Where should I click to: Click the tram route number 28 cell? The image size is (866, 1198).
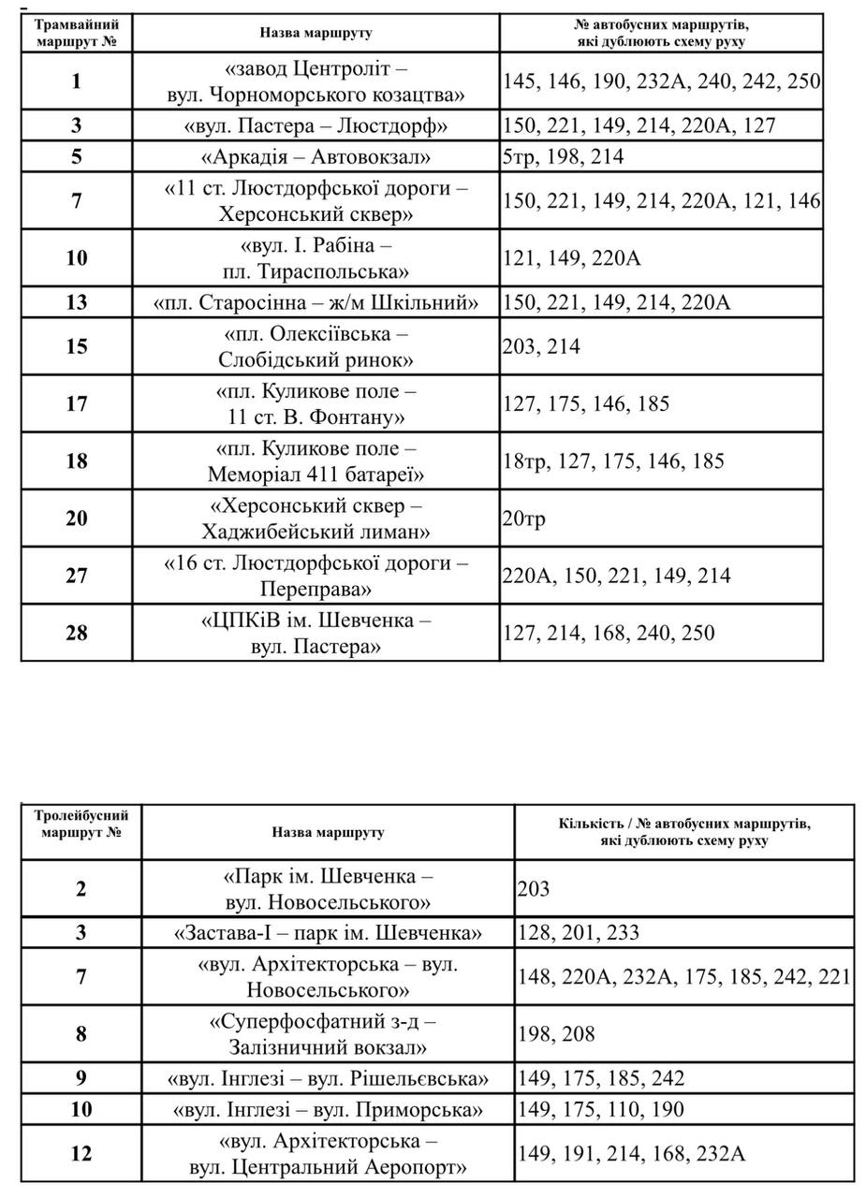click(x=76, y=634)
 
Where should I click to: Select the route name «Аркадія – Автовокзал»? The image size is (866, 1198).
click(x=316, y=157)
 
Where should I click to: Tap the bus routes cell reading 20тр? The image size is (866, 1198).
click(x=524, y=519)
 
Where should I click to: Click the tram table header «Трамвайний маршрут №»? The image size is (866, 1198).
click(x=77, y=34)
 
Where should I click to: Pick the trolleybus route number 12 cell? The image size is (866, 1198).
click(x=81, y=1154)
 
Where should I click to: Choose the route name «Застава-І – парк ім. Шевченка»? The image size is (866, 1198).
click(x=328, y=933)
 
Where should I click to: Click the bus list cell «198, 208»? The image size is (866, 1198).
click(x=556, y=1034)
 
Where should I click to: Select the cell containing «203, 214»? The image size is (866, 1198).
click(x=541, y=347)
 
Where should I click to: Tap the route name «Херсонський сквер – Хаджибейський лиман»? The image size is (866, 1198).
click(x=316, y=519)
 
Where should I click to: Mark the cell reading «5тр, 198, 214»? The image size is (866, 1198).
click(x=563, y=157)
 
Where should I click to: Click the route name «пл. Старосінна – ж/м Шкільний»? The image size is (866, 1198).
click(x=316, y=303)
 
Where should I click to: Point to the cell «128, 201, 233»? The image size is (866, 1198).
click(x=578, y=933)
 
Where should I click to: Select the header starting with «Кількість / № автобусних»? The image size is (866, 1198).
click(x=684, y=832)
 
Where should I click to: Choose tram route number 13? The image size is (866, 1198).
click(x=76, y=303)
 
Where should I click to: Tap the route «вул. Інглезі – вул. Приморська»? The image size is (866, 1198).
click(x=328, y=1110)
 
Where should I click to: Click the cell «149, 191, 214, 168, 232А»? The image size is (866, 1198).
click(x=631, y=1154)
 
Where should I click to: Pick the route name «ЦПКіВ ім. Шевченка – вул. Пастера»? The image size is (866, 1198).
click(x=316, y=634)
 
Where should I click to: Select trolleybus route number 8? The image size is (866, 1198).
click(x=81, y=1034)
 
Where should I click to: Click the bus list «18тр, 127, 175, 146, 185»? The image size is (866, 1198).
click(x=613, y=461)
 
